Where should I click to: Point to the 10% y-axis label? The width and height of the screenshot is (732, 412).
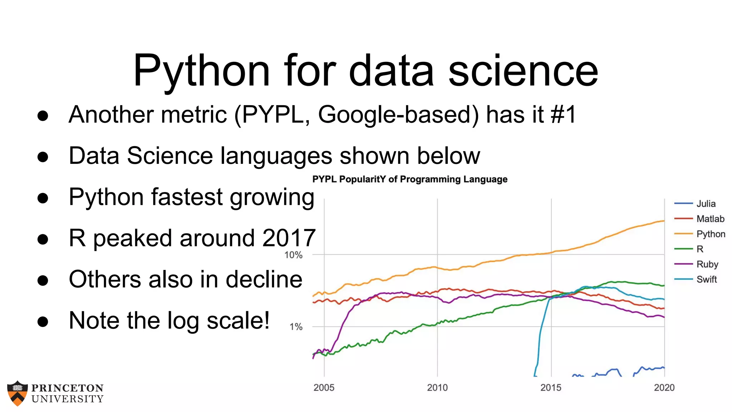(293, 255)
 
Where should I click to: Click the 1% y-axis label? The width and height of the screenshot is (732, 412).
(296, 327)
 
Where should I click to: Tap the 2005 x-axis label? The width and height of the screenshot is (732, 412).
(324, 388)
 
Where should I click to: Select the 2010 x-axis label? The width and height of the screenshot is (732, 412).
(437, 388)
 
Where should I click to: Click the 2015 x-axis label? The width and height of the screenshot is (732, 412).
(551, 388)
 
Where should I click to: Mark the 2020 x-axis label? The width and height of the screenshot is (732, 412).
(664, 388)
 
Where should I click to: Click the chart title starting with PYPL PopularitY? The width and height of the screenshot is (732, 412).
(410, 179)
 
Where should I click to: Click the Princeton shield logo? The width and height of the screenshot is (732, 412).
(17, 393)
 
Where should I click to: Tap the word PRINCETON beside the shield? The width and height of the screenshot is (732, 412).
(67, 388)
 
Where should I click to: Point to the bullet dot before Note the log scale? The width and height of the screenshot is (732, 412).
(43, 322)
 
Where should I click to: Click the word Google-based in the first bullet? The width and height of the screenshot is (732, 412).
(398, 115)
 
